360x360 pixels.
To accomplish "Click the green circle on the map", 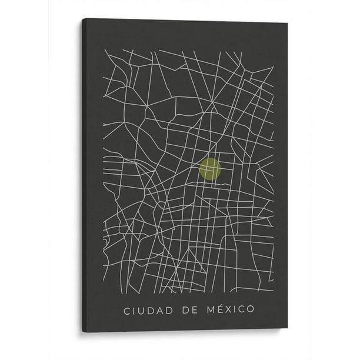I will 211,169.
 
